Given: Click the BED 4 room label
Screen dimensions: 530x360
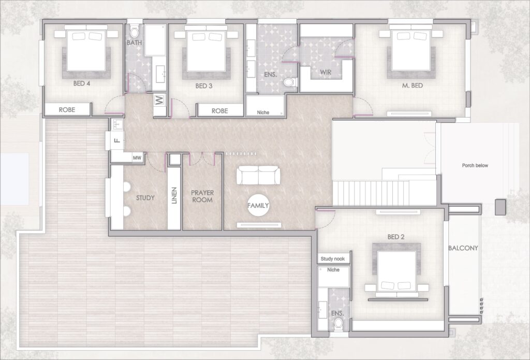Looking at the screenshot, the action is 81,83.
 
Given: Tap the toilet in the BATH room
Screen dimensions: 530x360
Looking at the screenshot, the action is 135,31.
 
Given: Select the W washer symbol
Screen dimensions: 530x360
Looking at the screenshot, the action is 159,100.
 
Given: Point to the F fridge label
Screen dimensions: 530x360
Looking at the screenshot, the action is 117,140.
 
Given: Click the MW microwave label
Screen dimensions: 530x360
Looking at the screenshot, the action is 137,157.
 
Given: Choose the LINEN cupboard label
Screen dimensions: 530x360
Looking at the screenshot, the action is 174,196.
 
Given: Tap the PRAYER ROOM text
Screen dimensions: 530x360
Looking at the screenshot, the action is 202,196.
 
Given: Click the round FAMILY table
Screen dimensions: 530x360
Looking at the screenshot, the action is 258,205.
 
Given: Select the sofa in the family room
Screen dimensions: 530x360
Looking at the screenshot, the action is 258,175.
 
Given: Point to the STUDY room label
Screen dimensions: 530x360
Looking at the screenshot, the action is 145,198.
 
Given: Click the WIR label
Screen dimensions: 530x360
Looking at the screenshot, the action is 326,72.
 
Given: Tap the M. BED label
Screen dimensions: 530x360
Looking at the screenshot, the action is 413,85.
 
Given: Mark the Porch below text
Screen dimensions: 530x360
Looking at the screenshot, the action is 475,165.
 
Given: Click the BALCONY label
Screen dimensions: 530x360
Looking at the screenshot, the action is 463,248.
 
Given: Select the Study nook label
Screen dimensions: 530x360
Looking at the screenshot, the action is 333,259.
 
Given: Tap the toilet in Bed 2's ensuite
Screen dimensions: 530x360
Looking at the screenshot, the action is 338,323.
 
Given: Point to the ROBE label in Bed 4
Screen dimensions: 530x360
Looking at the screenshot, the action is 67,110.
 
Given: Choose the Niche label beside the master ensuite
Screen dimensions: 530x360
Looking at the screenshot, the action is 263,112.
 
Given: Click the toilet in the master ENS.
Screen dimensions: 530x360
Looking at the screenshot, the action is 290,82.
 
